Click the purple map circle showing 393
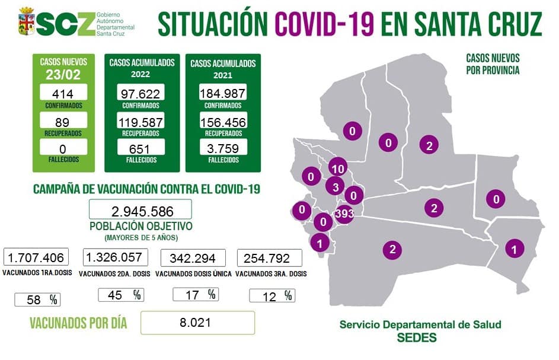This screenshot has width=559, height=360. pyautogui.click(x=344, y=214)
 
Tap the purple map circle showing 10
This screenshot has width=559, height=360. pyautogui.click(x=338, y=168)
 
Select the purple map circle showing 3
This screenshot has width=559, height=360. pyautogui.click(x=335, y=187)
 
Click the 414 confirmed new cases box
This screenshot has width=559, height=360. pyautogui.click(x=63, y=93)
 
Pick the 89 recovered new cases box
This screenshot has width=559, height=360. pyautogui.click(x=63, y=120)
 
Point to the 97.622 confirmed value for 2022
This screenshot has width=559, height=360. pyautogui.click(x=140, y=93)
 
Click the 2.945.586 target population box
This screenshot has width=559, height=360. pyautogui.click(x=140, y=210)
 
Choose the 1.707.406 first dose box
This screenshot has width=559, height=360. pyautogui.click(x=36, y=257)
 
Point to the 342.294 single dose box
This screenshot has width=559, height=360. pyautogui.click(x=193, y=258)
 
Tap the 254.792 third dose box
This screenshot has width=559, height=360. pyautogui.click(x=270, y=258)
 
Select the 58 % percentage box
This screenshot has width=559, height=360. pyautogui.click(x=37, y=300)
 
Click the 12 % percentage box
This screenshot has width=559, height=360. pyautogui.click(x=272, y=295)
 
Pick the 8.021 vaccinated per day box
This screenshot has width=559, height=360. pyautogui.click(x=198, y=323)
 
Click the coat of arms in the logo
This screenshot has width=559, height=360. pyautogui.click(x=25, y=21)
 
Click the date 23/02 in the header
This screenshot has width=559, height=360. pyautogui.click(x=63, y=75)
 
